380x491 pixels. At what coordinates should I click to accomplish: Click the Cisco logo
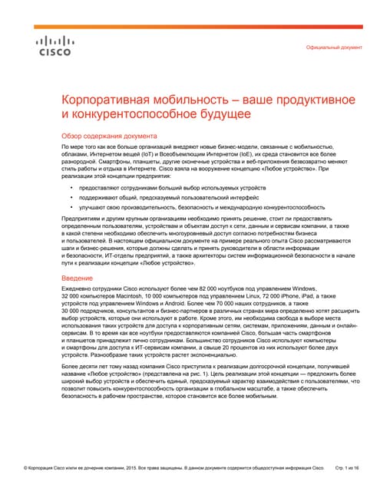click(54, 45)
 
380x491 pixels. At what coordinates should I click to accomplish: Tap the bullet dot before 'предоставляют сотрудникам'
click(71, 187)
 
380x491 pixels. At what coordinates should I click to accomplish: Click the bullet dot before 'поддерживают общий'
click(71, 197)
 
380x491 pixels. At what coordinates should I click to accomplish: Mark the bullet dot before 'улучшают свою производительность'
click(71, 207)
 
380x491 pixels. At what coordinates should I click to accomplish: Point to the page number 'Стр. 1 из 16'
click(349, 467)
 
